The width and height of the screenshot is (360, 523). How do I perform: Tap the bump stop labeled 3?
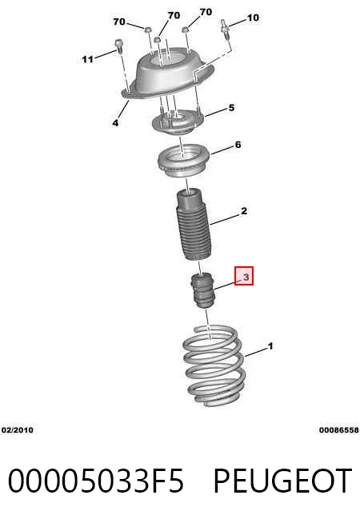202,290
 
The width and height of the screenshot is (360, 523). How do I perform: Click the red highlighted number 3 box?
244,276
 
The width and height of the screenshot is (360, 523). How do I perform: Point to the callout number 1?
270,346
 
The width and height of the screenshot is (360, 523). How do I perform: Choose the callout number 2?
244,211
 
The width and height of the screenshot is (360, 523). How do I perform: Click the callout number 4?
115,123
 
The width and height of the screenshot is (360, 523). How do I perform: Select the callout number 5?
231,108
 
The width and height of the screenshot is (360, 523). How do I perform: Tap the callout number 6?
238,145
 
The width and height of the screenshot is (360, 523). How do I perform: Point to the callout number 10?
253,18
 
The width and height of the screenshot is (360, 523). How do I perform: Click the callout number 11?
88,59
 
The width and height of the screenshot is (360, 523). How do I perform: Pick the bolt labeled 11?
118,46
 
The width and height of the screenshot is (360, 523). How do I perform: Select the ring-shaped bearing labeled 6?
183,161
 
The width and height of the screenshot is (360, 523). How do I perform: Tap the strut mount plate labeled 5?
178,122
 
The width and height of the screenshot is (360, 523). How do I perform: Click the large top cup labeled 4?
171,74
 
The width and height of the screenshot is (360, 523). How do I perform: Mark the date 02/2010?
18,430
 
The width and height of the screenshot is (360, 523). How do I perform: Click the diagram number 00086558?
339,430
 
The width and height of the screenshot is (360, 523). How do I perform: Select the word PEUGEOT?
282,481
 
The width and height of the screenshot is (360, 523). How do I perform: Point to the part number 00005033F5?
96,481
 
